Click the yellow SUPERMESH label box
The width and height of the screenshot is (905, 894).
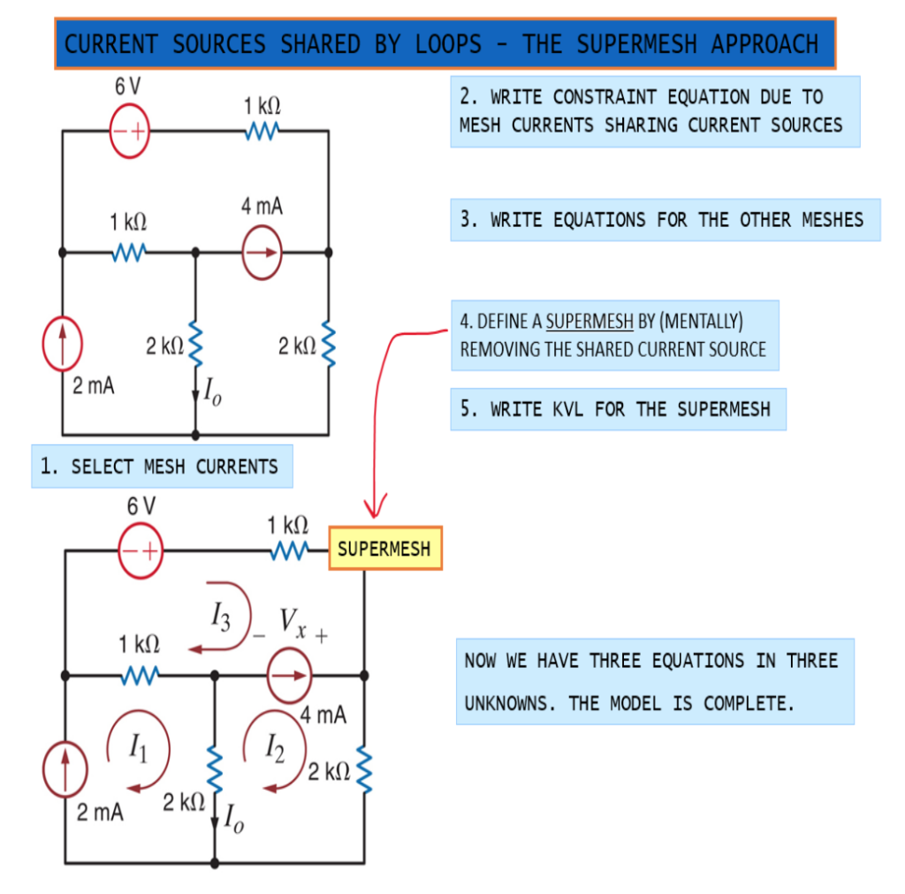tap(384, 549)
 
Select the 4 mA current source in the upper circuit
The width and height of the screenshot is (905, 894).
tap(262, 252)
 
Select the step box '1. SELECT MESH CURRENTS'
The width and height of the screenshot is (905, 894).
tap(162, 466)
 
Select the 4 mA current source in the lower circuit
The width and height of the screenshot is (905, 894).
tap(289, 676)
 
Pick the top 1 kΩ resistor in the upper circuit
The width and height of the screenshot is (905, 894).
tap(262, 132)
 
